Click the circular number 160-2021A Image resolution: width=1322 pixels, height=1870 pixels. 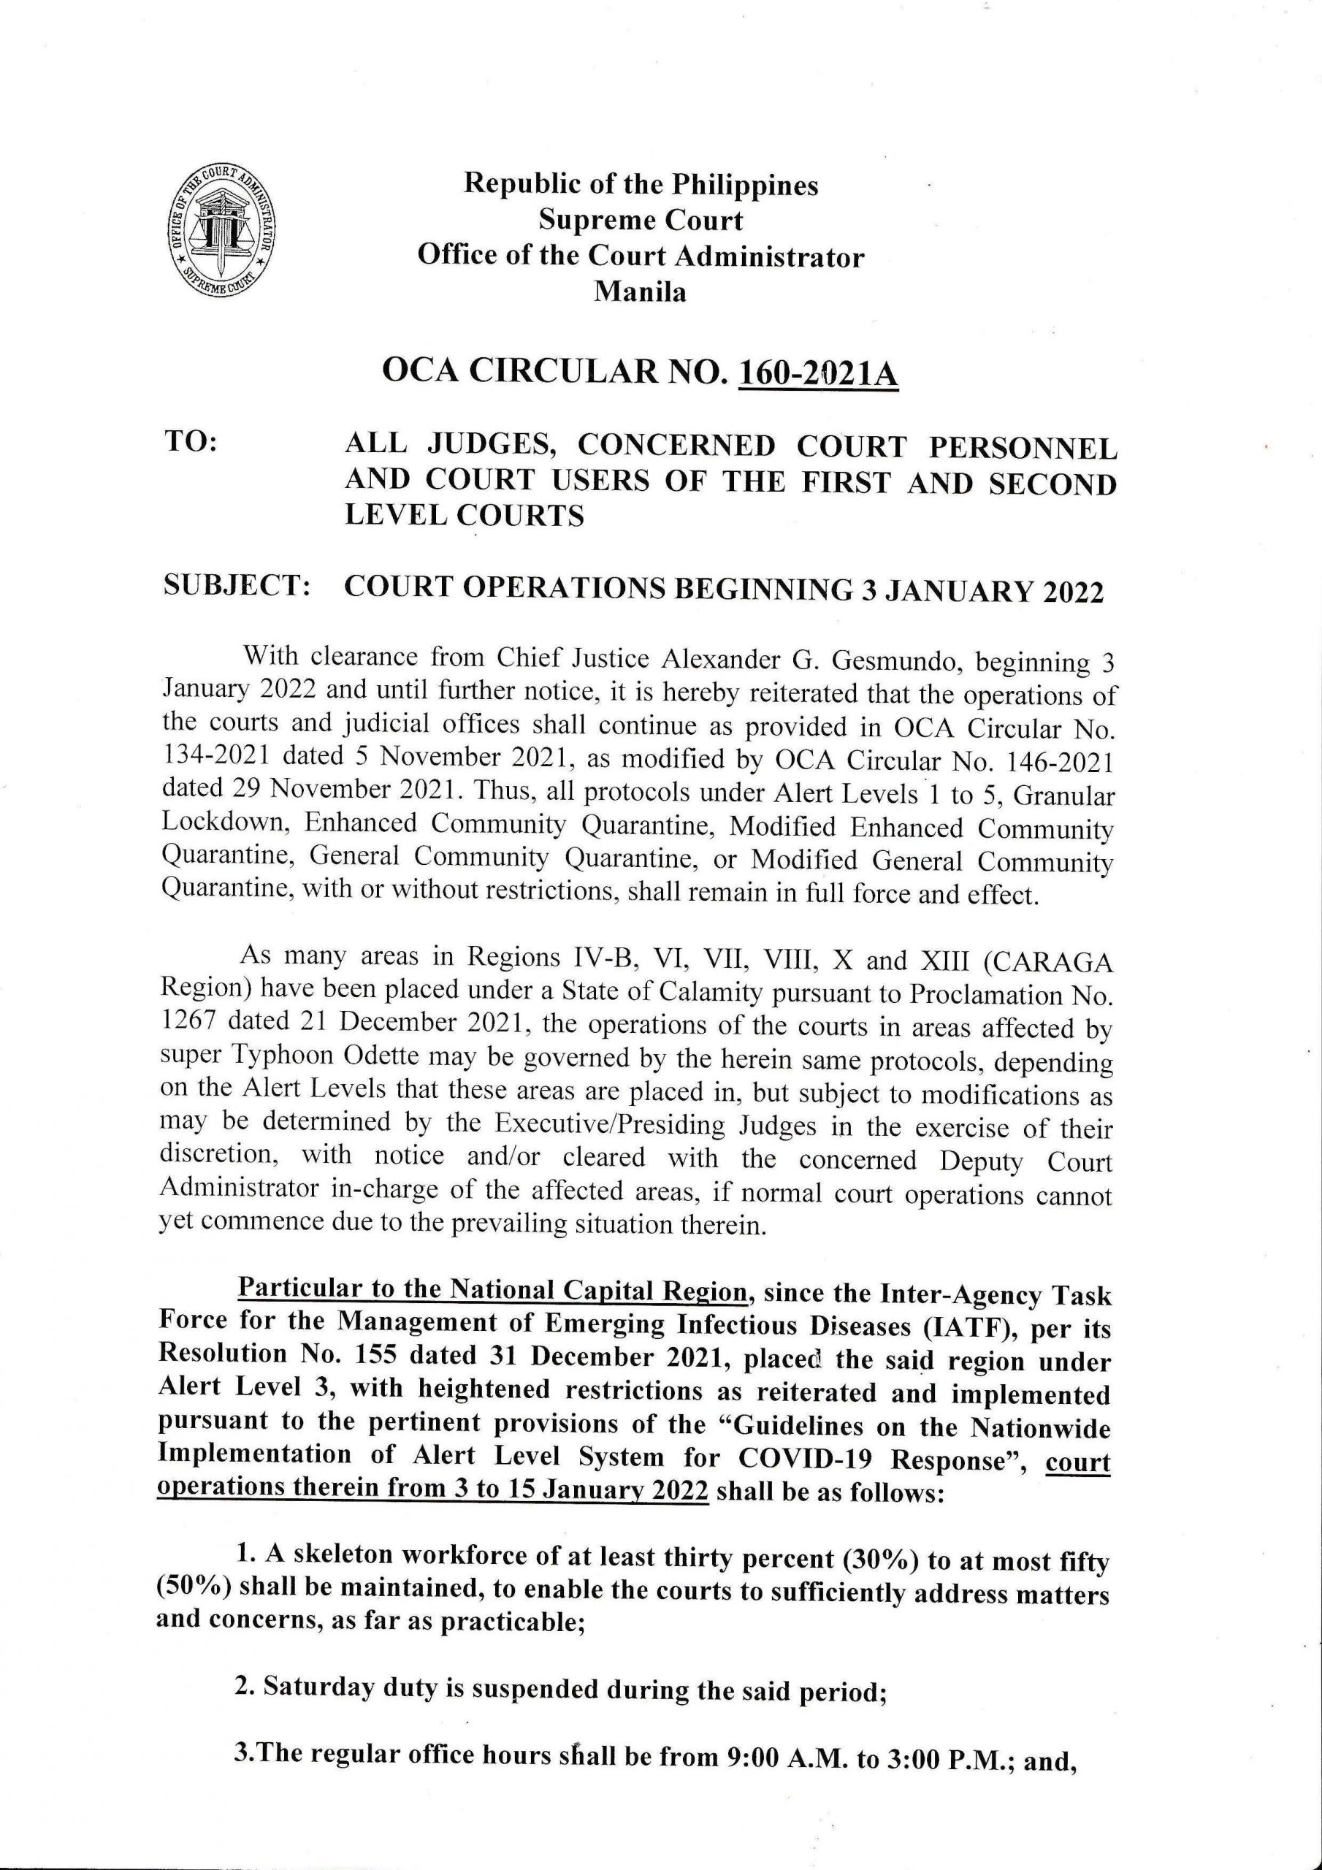point(817,373)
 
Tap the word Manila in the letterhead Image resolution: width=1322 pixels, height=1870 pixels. point(641,291)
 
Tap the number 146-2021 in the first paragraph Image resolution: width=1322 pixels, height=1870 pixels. point(1059,760)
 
